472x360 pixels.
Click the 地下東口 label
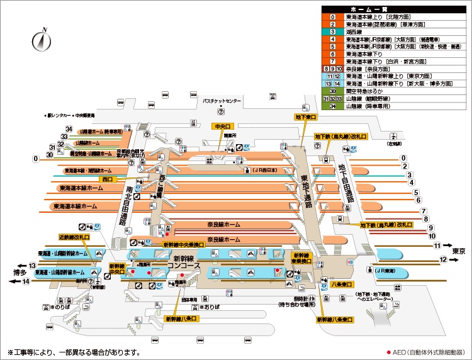point(306,116)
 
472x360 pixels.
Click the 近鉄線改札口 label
point(74,238)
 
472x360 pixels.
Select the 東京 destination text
point(458,250)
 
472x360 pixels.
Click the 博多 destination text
point(20,273)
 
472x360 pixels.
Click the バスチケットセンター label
point(222,101)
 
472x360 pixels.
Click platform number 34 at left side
point(69,130)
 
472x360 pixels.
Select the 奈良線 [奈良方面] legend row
point(378,67)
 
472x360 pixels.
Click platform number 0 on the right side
point(403,158)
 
